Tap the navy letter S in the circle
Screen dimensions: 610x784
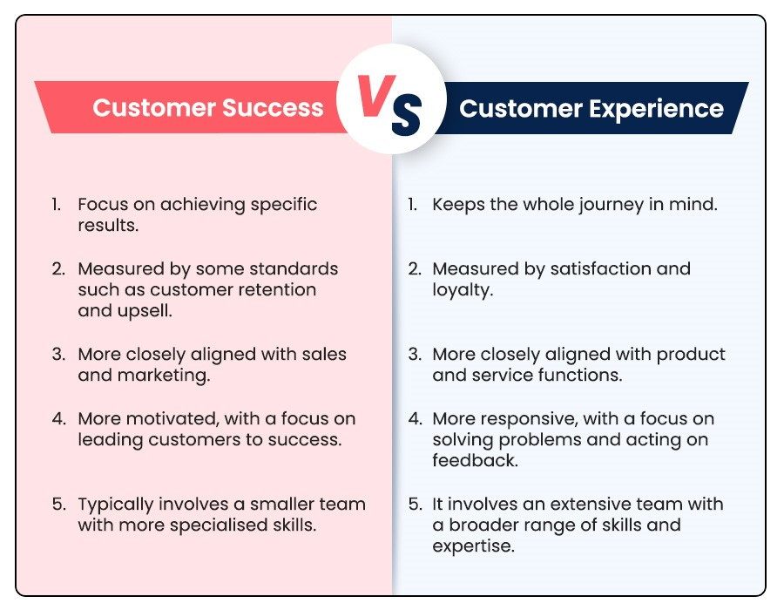406,115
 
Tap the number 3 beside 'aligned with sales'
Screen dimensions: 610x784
58,355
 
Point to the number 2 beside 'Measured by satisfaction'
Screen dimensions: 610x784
414,268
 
